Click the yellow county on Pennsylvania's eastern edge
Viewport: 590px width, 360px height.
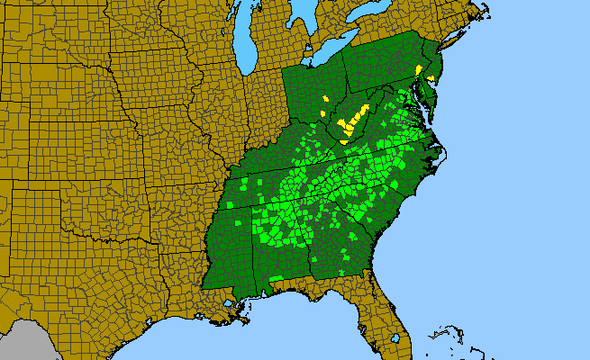(x=419, y=69)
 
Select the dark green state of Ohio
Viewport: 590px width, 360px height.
(x=311, y=90)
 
